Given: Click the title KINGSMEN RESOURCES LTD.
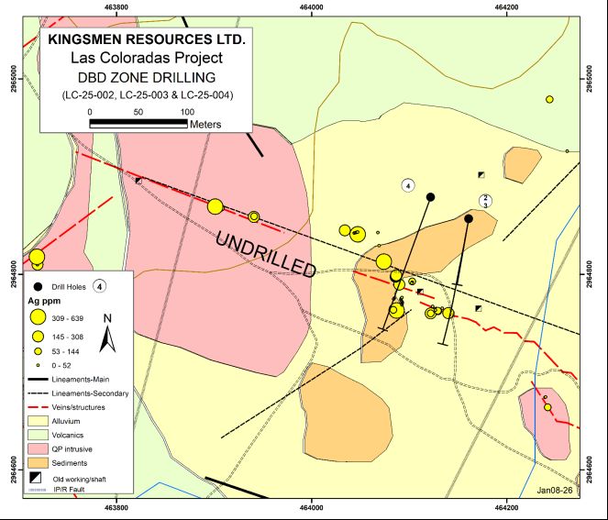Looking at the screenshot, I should pyautogui.click(x=146, y=40).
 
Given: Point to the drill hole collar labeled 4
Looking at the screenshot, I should pyautogui.click(x=430, y=196).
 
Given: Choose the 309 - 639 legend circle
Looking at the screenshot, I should pyautogui.click(x=38, y=317).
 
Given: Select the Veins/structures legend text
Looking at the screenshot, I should pyautogui.click(x=89, y=406).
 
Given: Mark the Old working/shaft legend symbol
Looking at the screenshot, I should pyautogui.click(x=37, y=478).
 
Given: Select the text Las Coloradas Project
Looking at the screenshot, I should pyautogui.click(x=146, y=58).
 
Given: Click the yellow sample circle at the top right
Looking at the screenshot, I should pyautogui.click(x=549, y=99).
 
